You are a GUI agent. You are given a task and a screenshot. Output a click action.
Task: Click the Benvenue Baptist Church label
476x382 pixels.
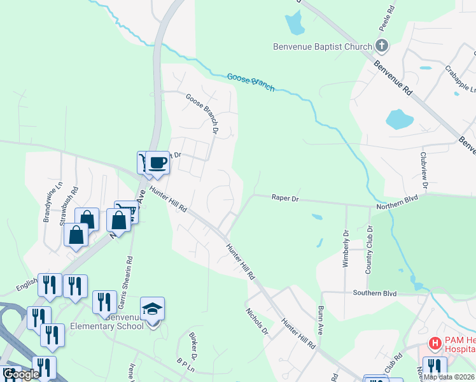(322, 46)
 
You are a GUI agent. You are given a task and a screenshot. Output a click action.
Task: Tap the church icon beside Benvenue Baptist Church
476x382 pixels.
(381, 45)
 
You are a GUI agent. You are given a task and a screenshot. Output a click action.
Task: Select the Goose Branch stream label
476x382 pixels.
(251, 82)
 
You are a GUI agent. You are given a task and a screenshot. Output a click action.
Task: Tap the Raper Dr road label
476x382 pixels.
(285, 198)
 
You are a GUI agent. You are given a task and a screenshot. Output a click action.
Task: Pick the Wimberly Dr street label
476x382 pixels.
(346, 248)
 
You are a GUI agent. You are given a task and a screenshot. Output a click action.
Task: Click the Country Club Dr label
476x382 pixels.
(368, 250)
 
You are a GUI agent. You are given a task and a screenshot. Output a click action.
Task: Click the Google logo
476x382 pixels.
(21, 374)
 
